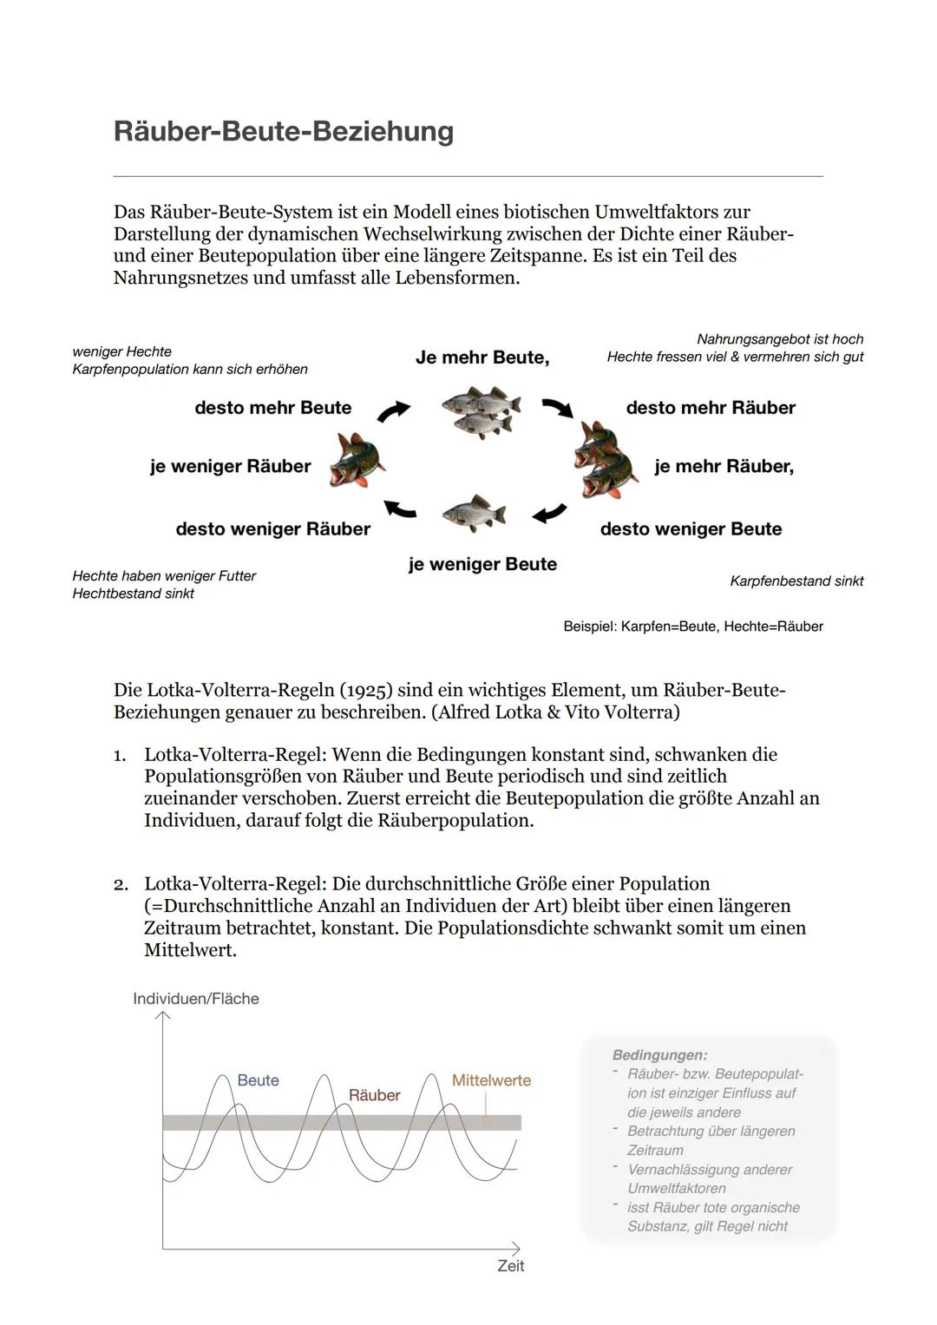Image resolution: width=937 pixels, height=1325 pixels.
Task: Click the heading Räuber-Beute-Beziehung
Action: click(x=283, y=131)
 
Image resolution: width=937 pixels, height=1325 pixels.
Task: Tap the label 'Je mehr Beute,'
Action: click(x=482, y=357)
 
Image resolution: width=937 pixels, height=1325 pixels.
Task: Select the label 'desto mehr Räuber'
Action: click(x=711, y=408)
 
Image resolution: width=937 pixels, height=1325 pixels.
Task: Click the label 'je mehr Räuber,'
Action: click(x=724, y=467)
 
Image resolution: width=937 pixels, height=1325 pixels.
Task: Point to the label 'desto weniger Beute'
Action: click(x=691, y=529)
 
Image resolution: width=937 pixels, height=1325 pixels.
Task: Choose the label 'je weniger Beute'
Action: click(x=482, y=564)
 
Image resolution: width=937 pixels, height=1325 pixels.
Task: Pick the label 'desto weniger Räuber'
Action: click(x=272, y=529)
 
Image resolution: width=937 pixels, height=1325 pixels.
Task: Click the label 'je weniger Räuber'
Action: click(x=230, y=467)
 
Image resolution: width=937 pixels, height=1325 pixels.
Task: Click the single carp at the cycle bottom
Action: click(x=474, y=513)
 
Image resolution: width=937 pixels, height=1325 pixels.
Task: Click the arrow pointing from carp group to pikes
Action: click(x=557, y=407)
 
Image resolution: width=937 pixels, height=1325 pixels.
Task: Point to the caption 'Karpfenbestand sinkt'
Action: click(x=796, y=581)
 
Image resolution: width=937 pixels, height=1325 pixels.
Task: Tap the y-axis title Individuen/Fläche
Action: click(x=196, y=999)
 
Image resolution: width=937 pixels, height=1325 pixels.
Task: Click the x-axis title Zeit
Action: click(x=510, y=1266)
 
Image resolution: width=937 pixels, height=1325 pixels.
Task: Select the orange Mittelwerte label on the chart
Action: click(x=491, y=1080)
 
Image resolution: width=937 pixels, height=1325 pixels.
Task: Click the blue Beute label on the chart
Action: click(x=258, y=1080)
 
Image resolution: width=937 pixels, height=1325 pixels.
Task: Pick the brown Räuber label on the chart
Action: click(x=374, y=1095)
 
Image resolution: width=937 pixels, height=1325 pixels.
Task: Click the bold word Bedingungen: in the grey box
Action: click(x=659, y=1055)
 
